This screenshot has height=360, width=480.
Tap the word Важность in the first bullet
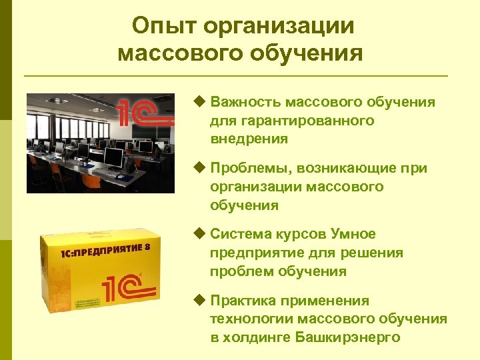[245, 102]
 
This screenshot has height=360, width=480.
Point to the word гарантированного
[291, 121]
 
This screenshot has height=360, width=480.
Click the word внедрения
[249, 139]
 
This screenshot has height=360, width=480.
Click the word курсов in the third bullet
[296, 234]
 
